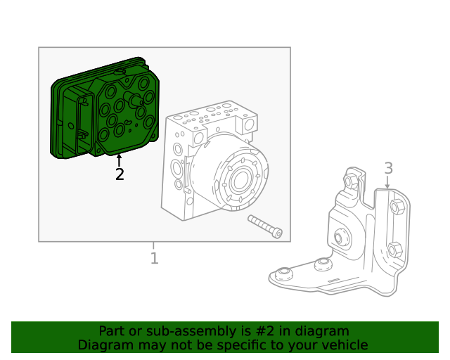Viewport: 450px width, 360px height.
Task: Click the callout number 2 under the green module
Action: pos(120,174)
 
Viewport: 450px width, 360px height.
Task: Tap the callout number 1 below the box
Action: pos(154,258)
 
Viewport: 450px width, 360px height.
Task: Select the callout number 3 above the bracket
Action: pos(388,168)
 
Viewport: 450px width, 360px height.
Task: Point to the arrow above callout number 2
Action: pos(119,160)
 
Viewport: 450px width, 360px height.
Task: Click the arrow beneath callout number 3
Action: pos(387,182)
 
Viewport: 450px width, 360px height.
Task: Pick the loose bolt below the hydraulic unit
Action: pos(265,226)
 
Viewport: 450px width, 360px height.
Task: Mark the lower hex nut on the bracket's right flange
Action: pos(394,249)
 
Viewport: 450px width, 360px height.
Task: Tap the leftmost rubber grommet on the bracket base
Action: pos(284,273)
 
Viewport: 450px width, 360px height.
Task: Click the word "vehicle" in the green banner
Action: pos(343,345)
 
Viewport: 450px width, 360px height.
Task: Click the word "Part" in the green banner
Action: pos(112,330)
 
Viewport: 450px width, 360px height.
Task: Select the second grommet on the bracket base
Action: pos(323,264)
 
